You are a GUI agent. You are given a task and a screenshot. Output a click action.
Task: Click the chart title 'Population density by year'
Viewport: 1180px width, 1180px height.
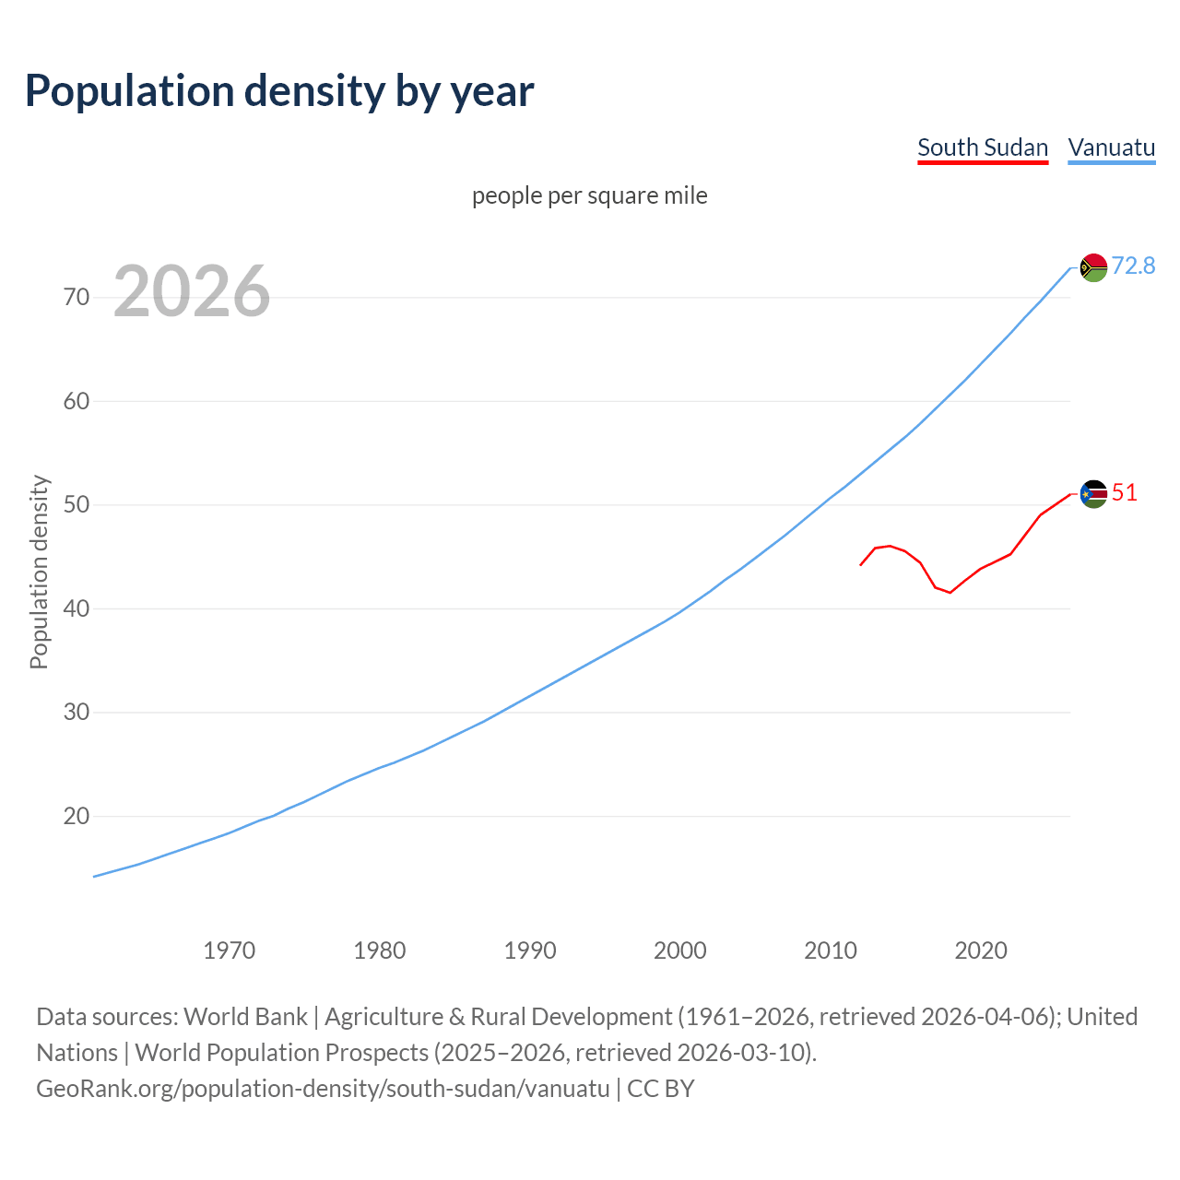point(279,91)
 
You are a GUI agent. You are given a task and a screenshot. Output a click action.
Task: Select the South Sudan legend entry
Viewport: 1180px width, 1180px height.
point(983,148)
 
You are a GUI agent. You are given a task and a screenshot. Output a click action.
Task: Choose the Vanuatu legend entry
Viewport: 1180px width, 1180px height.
point(1111,148)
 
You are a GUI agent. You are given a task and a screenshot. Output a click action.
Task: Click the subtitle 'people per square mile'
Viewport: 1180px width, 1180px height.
point(589,196)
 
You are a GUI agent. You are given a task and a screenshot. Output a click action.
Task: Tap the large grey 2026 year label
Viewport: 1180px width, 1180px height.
point(192,291)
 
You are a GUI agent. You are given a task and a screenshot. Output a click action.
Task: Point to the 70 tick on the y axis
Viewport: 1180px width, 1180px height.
point(77,297)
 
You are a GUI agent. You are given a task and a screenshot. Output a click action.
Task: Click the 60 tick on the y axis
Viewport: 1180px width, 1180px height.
point(77,401)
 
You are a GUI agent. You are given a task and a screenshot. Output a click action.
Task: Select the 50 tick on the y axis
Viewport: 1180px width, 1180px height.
point(77,505)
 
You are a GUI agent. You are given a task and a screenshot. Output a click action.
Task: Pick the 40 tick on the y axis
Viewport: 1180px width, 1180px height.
point(77,608)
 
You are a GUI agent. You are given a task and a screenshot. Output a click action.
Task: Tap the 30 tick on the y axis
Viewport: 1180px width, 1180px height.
point(77,713)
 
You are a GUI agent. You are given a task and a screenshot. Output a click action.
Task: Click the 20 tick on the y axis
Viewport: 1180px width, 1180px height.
point(77,817)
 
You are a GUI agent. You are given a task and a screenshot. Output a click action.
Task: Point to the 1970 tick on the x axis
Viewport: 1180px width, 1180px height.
point(230,950)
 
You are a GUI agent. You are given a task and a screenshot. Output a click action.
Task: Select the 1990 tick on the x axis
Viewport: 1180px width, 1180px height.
point(530,950)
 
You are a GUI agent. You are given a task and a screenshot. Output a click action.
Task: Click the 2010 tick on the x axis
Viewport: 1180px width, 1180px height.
point(831,950)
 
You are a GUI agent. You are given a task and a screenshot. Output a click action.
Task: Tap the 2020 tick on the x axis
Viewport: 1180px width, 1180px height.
point(981,950)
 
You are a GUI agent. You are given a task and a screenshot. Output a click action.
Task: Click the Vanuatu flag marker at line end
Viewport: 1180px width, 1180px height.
point(1093,267)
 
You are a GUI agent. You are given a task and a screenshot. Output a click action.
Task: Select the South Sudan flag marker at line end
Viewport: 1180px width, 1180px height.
point(1093,494)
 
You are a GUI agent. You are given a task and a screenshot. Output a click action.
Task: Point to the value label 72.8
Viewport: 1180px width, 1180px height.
point(1133,266)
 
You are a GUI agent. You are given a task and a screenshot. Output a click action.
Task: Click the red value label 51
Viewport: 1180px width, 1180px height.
point(1125,493)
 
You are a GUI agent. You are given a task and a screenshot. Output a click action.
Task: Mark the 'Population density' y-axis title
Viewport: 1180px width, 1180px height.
point(39,572)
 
